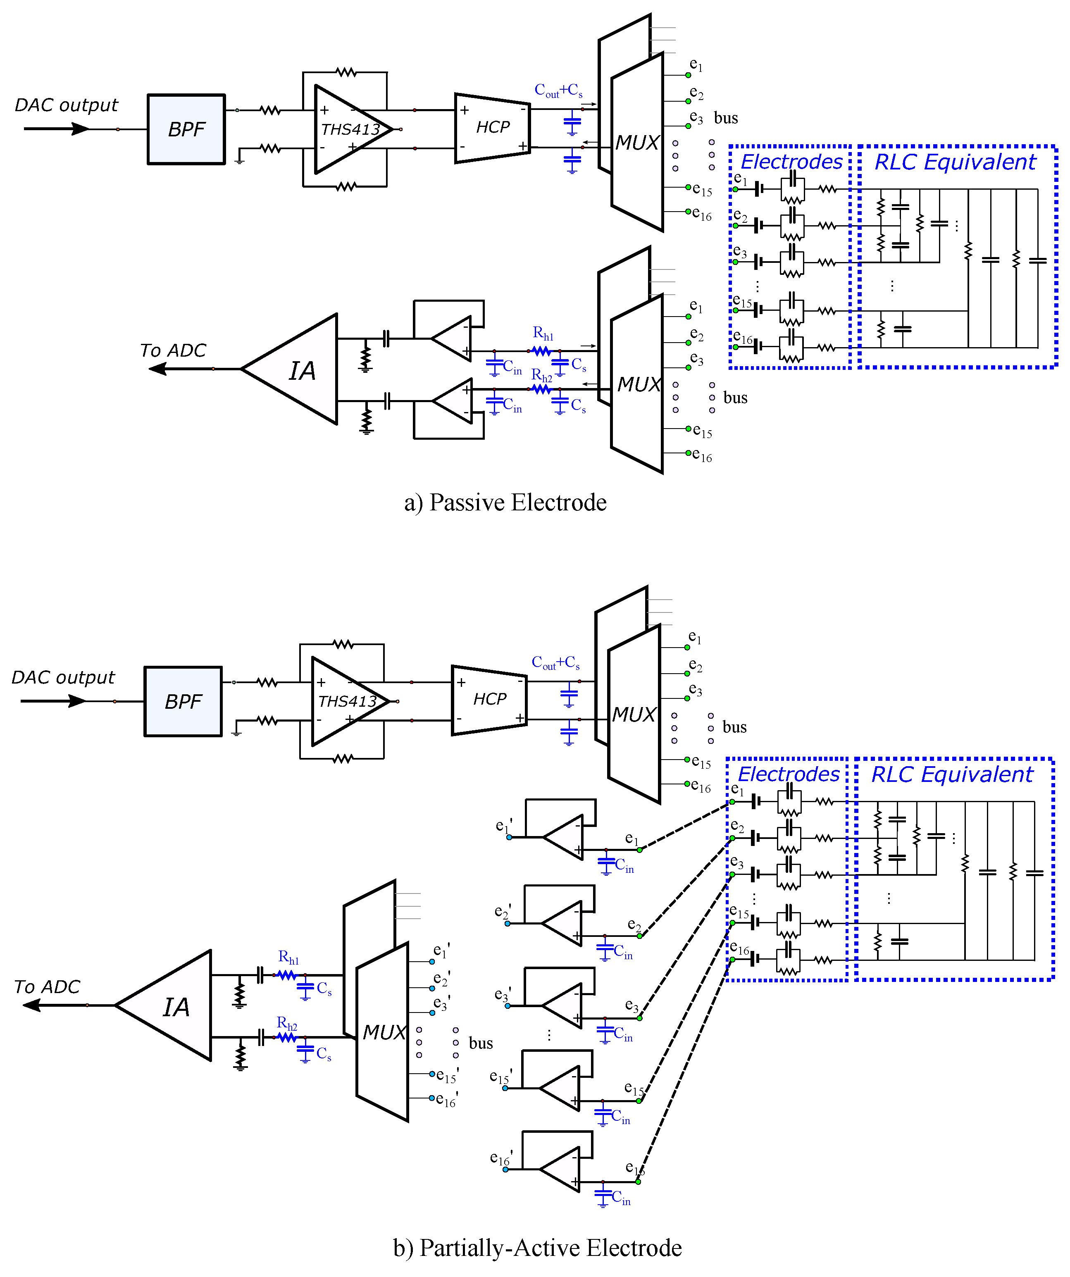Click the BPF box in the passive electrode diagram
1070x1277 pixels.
tap(186, 129)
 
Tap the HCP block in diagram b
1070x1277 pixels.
tap(489, 699)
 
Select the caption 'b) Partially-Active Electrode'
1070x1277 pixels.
tap(537, 1248)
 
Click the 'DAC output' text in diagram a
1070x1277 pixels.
tap(66, 105)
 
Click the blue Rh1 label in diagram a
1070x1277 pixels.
tap(543, 333)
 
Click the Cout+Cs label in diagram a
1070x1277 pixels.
tap(558, 91)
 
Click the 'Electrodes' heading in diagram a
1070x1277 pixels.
tap(791, 162)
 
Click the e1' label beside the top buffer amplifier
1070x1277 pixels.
tap(504, 825)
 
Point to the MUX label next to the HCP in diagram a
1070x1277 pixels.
tap(636, 143)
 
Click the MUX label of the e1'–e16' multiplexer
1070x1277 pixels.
tap(384, 1032)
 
